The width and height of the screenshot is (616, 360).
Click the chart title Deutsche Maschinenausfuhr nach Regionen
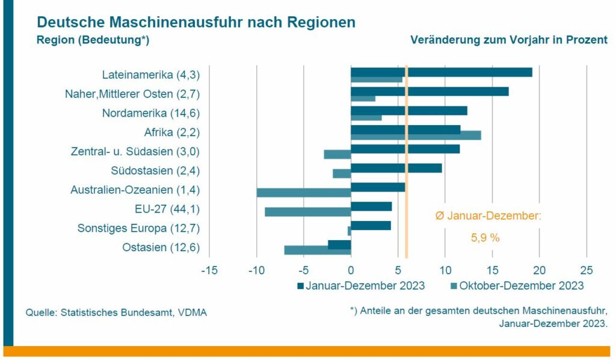coord(196,22)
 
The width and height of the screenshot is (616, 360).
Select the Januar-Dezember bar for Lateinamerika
coord(442,72)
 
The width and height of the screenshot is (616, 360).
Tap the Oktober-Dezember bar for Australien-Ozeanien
coord(304,193)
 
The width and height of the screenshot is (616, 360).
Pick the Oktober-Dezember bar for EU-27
coord(307,212)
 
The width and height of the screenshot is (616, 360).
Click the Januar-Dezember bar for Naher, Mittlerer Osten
coord(430,92)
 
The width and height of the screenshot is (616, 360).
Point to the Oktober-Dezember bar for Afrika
coord(416,135)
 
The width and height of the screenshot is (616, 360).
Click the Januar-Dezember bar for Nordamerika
coord(409,111)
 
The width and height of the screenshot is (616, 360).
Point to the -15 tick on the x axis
coord(209,270)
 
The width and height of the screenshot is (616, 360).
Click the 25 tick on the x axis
coord(586,270)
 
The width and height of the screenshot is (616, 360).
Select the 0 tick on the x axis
coord(351,270)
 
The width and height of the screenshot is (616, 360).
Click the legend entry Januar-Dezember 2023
coord(361,285)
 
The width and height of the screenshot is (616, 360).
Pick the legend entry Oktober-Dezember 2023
coord(517,285)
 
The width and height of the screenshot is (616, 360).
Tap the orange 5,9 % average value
coord(485,237)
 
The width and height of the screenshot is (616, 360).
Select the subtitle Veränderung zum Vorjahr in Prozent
coord(508,40)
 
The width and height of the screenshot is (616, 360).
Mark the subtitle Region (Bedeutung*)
coord(93,40)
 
